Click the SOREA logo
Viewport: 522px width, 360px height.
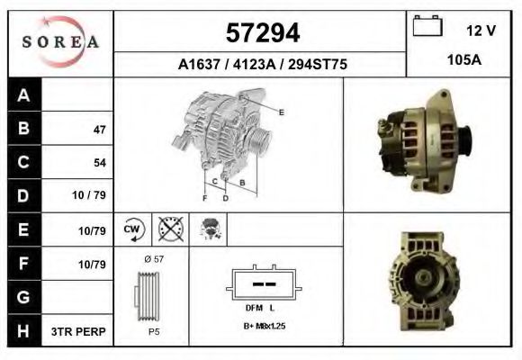click(x=59, y=41)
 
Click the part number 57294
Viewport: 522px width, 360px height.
click(x=261, y=32)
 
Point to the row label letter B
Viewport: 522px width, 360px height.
click(x=23, y=128)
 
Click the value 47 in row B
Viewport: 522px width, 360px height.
click(x=99, y=130)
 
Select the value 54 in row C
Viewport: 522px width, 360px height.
click(x=99, y=163)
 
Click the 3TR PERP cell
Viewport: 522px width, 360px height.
click(x=80, y=331)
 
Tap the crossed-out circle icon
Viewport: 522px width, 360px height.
click(x=169, y=229)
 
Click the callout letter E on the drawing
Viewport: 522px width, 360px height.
click(x=282, y=112)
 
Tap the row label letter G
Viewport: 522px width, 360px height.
click(x=23, y=296)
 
